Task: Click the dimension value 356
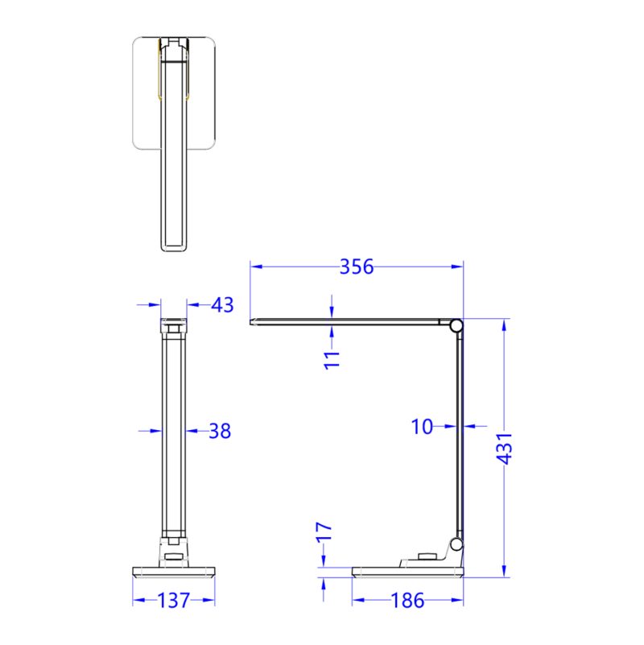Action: [x=356, y=267]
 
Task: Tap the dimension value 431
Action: [x=505, y=448]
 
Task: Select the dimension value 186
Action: [x=408, y=601]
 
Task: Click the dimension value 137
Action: [x=174, y=601]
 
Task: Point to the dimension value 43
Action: [x=222, y=305]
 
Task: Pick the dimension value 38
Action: [x=220, y=431]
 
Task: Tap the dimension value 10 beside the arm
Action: [x=423, y=427]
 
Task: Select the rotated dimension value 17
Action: [x=324, y=533]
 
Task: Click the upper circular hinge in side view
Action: [x=456, y=326]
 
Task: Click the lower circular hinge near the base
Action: [x=456, y=545]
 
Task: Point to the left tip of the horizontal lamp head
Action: [x=254, y=322]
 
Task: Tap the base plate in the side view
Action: [x=408, y=573]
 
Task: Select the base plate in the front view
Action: [x=174, y=573]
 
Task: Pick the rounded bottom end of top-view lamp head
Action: [x=174, y=246]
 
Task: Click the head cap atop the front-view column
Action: [x=174, y=326]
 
